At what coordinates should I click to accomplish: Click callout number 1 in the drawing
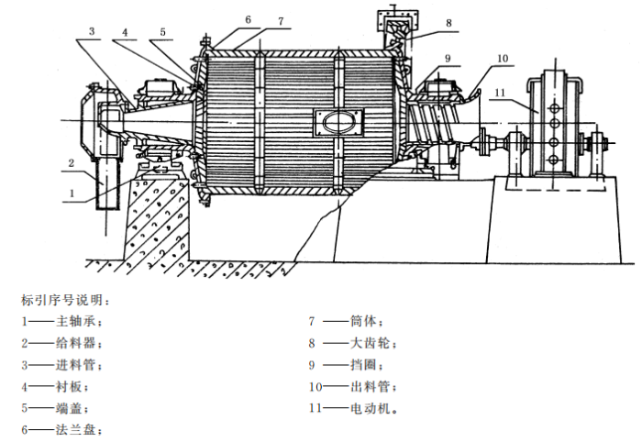(72, 193)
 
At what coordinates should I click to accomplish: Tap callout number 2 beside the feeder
(70, 162)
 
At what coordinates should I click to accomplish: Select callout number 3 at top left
(91, 31)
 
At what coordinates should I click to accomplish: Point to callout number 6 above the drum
(249, 18)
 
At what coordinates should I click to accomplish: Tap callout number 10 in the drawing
(502, 57)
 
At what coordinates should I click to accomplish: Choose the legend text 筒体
(364, 322)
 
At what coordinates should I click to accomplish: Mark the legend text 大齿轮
(370, 343)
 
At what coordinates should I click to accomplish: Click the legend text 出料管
(370, 386)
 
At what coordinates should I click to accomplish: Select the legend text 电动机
(370, 408)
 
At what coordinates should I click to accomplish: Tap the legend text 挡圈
(364, 365)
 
